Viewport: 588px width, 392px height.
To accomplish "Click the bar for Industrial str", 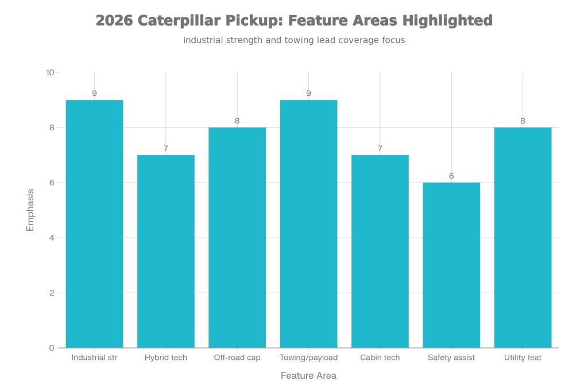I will click(x=94, y=224).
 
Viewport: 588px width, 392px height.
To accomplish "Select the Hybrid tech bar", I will click(x=166, y=251).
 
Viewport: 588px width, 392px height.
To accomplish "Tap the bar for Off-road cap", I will click(x=237, y=238).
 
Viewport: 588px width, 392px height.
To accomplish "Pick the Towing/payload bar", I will click(x=308, y=224).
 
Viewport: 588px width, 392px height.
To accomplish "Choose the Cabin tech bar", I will click(x=380, y=251).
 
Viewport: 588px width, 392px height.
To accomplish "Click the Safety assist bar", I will click(x=451, y=265).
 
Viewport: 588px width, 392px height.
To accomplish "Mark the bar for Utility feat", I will click(x=523, y=238).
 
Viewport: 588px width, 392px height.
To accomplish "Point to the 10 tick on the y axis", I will click(x=50, y=72).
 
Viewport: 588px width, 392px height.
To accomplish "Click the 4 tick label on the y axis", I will click(x=52, y=238).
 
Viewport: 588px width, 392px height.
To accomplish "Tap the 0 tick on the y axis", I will click(x=52, y=348).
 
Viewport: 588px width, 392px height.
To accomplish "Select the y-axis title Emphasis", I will click(x=31, y=210).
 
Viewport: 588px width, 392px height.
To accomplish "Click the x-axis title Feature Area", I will click(x=308, y=375).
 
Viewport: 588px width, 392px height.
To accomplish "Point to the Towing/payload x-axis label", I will click(x=308, y=358).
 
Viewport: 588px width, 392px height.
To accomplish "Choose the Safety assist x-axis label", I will click(x=451, y=358).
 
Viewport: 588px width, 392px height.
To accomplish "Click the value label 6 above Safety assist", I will click(x=451, y=176).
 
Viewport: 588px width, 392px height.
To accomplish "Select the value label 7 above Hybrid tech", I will click(x=166, y=149).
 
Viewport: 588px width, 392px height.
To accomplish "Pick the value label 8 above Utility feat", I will click(x=523, y=121).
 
